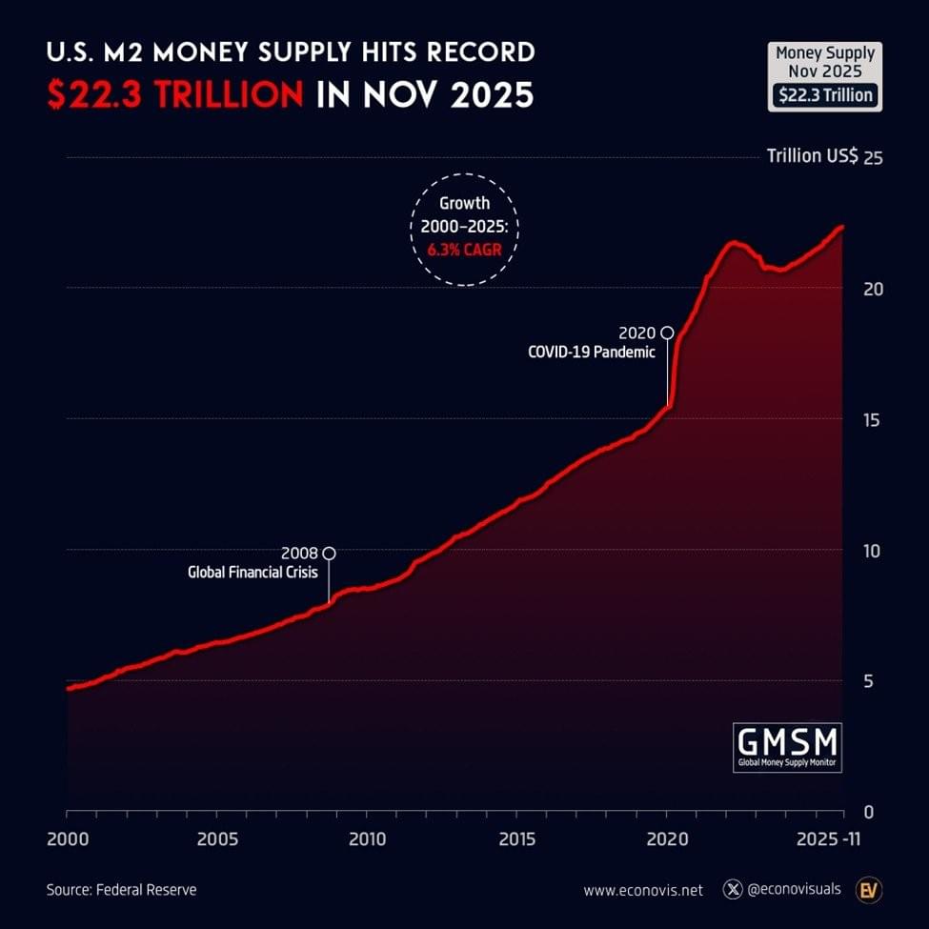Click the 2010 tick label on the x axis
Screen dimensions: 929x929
click(x=367, y=839)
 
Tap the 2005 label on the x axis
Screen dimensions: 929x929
click(x=217, y=839)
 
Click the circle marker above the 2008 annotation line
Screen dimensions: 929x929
click(x=329, y=553)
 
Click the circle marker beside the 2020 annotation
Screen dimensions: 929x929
click(x=667, y=333)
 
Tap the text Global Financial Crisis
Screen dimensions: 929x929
click(x=252, y=573)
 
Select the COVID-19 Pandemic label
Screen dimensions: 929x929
click(x=592, y=352)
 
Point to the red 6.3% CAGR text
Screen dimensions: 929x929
click(x=464, y=251)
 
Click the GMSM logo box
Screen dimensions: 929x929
click(x=787, y=747)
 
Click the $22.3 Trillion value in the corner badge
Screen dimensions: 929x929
click(x=824, y=95)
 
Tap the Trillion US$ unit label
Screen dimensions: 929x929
click(x=812, y=156)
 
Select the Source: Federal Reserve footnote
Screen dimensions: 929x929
click(x=121, y=890)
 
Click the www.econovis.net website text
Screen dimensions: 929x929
click(x=643, y=890)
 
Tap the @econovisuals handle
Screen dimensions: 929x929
click(x=794, y=889)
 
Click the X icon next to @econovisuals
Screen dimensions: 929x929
click(x=732, y=889)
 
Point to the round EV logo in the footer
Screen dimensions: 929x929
click(x=869, y=889)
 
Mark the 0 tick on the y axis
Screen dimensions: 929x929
click(x=867, y=812)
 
